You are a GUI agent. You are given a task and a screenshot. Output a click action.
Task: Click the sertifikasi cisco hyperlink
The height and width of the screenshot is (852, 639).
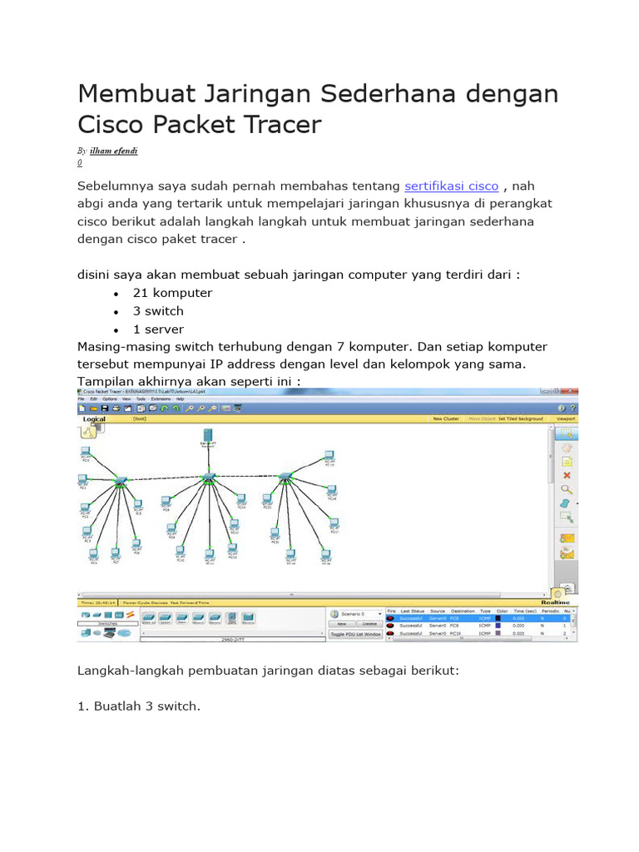coord(451,186)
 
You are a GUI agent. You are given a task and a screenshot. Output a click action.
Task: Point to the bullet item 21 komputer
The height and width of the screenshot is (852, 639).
coord(172,293)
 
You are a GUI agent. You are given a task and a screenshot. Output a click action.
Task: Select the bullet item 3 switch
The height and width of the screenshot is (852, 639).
coord(158,311)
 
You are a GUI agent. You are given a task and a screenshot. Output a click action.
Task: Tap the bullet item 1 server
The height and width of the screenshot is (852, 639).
coord(158,329)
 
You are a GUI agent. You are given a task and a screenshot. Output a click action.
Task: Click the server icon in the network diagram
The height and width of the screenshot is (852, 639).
coord(207,437)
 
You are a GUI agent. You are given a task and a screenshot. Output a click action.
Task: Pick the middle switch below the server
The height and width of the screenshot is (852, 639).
coord(207,478)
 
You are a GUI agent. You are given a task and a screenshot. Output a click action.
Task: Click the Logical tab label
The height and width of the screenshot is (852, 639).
coord(94,419)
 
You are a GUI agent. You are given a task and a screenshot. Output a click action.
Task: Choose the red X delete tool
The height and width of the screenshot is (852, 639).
coord(567,476)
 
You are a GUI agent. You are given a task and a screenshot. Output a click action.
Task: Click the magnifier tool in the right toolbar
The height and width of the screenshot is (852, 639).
coord(567,490)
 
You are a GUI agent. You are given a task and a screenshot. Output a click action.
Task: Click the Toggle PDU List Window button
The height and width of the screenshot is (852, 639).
coord(355,634)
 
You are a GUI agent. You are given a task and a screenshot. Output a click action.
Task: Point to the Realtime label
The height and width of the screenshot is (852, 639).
coord(554,601)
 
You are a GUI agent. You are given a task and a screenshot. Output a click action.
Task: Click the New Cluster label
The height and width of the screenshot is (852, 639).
coord(445,419)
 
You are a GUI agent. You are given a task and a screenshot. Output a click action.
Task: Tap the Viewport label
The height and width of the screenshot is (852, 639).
coord(566,419)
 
